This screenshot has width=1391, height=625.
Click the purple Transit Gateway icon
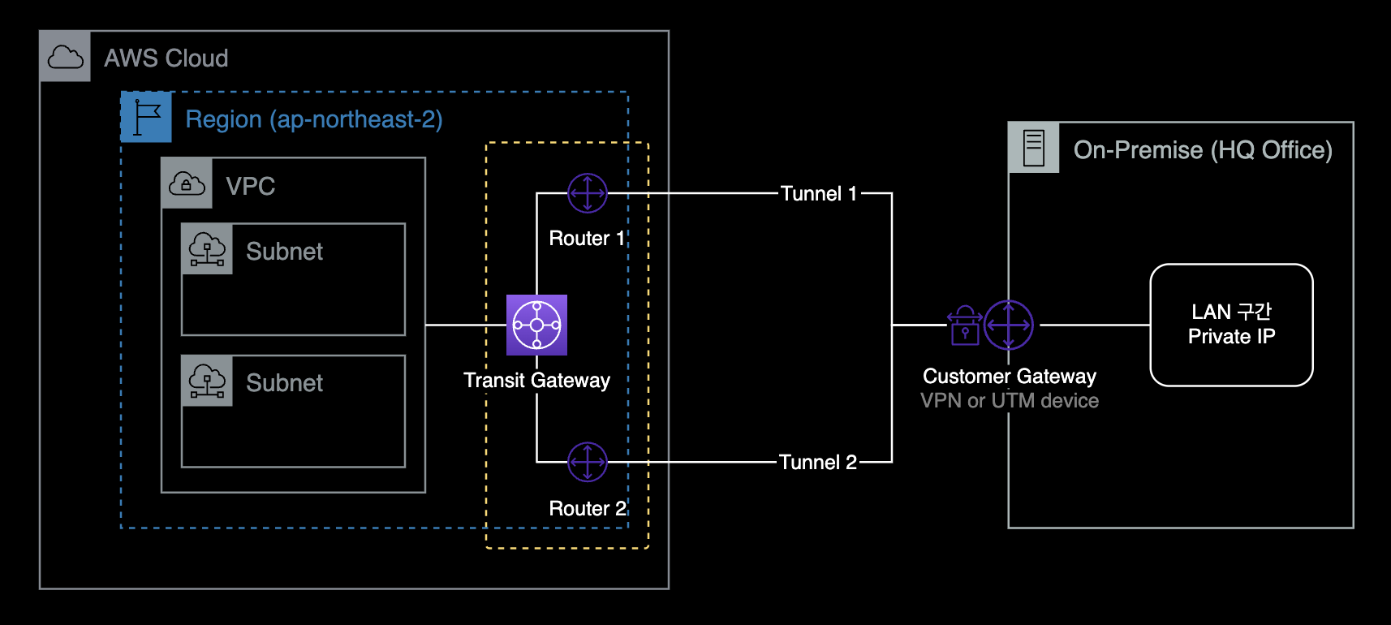tap(536, 325)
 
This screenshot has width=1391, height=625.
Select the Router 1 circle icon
tap(588, 193)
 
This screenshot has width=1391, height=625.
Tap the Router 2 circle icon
tap(588, 462)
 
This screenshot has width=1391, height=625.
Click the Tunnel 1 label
tap(818, 193)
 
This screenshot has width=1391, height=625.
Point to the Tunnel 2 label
tap(817, 462)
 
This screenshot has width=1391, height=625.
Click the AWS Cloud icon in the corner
tap(65, 57)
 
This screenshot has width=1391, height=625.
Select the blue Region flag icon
tap(146, 117)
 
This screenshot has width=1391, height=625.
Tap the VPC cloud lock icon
tap(187, 183)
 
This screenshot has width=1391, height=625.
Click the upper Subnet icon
tap(207, 248)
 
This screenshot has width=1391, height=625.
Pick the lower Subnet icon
tap(207, 380)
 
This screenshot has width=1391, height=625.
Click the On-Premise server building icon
tap(1034, 148)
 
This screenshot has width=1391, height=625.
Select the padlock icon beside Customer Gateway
tap(965, 325)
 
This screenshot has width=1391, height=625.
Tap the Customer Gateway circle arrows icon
tap(1009, 325)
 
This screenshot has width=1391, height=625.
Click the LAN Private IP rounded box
tap(1231, 325)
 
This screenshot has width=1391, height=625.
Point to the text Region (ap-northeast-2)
tap(314, 119)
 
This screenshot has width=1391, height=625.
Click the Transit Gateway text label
tap(536, 380)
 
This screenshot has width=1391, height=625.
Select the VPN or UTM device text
tap(1009, 400)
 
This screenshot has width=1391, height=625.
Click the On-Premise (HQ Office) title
tap(1202, 150)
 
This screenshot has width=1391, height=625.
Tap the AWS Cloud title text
tap(166, 58)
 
